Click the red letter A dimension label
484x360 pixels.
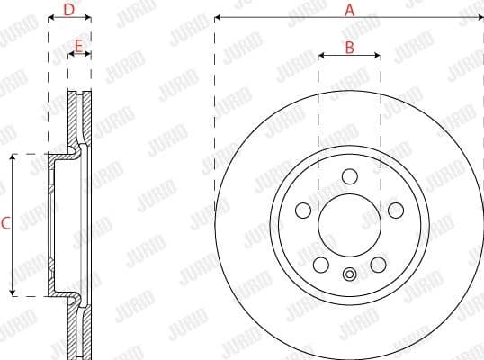350,10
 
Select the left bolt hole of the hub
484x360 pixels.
304,210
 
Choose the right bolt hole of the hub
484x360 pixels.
394,210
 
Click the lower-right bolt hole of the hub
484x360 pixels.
379,265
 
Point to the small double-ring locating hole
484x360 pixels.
349,274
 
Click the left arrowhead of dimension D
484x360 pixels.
51,18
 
